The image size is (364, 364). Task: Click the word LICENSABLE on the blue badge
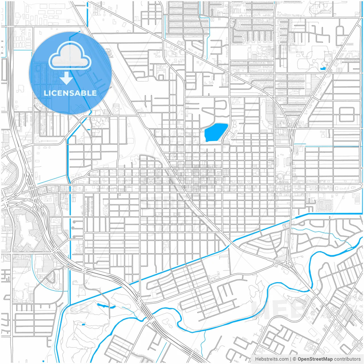(x=70, y=93)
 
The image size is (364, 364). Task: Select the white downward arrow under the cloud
(x=67, y=78)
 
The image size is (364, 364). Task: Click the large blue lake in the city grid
(x=216, y=132)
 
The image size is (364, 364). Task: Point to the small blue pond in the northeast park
(x=323, y=68)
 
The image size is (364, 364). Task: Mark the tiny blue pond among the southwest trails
(x=83, y=324)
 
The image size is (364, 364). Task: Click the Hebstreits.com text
(x=272, y=359)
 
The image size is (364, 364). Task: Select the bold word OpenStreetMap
(x=315, y=359)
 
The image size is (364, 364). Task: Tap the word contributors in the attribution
(x=347, y=359)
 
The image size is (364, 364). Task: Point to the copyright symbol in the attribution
(x=295, y=359)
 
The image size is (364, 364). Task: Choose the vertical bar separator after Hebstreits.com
(x=291, y=359)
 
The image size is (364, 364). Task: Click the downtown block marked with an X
(x=151, y=181)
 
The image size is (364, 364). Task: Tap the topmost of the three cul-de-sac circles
(x=74, y=222)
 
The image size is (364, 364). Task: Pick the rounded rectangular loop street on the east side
(x=347, y=114)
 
